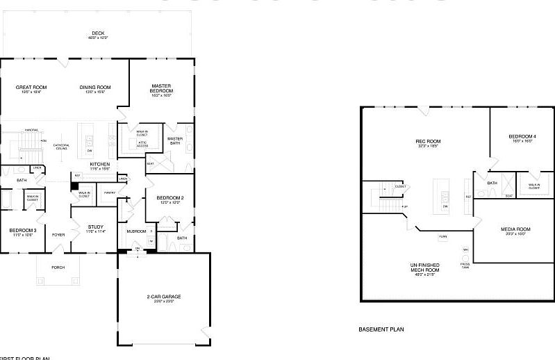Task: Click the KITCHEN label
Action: click(x=100, y=165)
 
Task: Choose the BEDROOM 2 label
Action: click(x=169, y=199)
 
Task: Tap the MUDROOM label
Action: click(x=136, y=231)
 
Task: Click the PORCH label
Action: click(x=58, y=268)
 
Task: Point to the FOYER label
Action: click(x=58, y=235)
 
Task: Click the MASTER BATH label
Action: click(x=176, y=141)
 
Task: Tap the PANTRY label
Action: click(x=109, y=193)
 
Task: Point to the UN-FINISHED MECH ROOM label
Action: click(x=428, y=269)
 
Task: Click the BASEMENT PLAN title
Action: click(x=381, y=329)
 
